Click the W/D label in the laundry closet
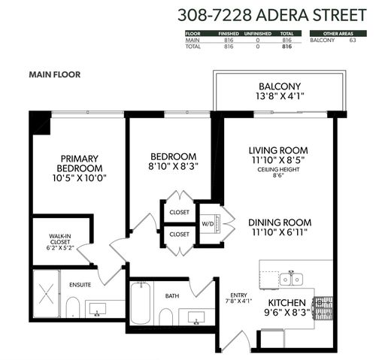[x=208, y=224]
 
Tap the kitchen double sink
[x=291, y=279]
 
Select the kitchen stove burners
[x=323, y=308]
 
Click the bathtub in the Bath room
[x=141, y=303]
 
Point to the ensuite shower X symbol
[x=47, y=294]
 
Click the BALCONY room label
[x=280, y=86]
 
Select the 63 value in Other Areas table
[x=353, y=40]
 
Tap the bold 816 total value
[x=287, y=47]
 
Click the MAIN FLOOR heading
[x=55, y=74]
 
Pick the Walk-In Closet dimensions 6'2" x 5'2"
[x=60, y=248]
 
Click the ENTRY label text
[x=238, y=295]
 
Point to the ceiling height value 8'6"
[x=278, y=175]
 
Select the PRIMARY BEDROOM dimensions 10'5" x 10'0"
[x=80, y=178]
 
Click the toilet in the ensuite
[x=73, y=307]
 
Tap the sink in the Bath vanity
[x=196, y=318]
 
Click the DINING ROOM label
[x=280, y=222]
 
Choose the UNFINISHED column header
[x=258, y=34]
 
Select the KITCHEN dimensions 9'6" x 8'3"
[x=287, y=313]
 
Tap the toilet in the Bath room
[x=165, y=317]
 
